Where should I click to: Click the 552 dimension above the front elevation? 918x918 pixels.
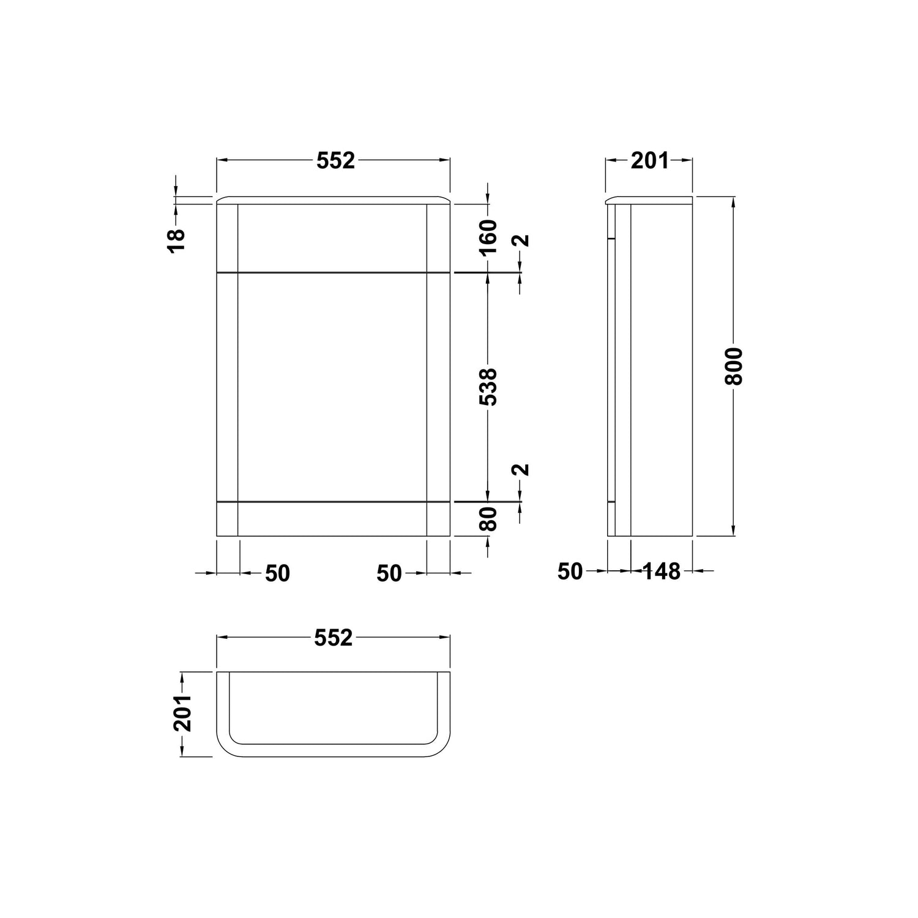pyautogui.click(x=335, y=160)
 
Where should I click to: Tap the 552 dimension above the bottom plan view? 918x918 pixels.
pyautogui.click(x=334, y=638)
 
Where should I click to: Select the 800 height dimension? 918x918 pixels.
pyautogui.click(x=733, y=366)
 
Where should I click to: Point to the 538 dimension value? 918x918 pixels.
pyautogui.click(x=488, y=387)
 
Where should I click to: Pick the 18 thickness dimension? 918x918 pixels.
pyautogui.click(x=176, y=241)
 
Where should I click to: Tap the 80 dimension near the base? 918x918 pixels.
pyautogui.click(x=488, y=519)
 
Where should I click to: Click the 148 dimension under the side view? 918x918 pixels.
pyautogui.click(x=662, y=572)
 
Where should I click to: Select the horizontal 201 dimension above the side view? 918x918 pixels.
pyautogui.click(x=650, y=161)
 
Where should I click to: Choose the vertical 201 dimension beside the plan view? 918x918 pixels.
pyautogui.click(x=182, y=713)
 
